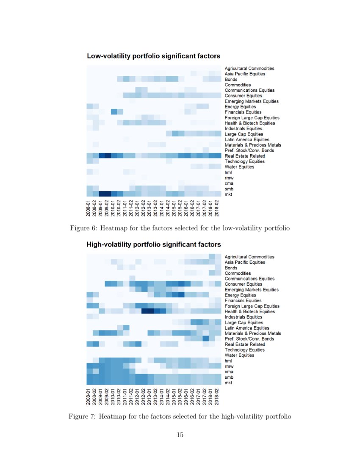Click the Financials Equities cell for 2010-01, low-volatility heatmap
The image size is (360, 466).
(114, 112)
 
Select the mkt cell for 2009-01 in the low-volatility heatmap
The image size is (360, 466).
(102, 194)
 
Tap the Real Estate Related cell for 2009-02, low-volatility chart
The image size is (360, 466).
(108, 156)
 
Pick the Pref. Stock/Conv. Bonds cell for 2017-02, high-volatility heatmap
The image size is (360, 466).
(206, 339)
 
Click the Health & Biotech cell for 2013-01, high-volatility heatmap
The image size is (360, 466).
(151, 311)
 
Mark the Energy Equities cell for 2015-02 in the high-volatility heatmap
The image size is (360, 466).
(181, 295)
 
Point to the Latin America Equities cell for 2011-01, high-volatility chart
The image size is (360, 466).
(126, 328)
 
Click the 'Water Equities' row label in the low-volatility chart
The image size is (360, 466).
(239, 167)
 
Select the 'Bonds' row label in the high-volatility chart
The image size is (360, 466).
(231, 268)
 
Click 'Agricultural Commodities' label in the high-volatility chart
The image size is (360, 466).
(249, 257)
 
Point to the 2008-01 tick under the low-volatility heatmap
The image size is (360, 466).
(90, 208)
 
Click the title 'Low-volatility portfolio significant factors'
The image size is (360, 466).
(153, 56)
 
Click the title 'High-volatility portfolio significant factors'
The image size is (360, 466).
(154, 244)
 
